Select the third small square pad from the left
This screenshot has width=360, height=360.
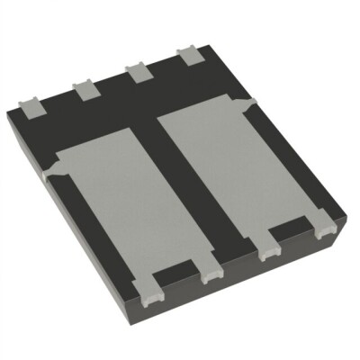click(x=138, y=73)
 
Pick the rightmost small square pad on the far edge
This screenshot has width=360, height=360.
click(x=192, y=56)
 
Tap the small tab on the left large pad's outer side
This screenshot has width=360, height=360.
click(x=56, y=163)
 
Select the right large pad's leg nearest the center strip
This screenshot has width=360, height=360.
click(x=266, y=253)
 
